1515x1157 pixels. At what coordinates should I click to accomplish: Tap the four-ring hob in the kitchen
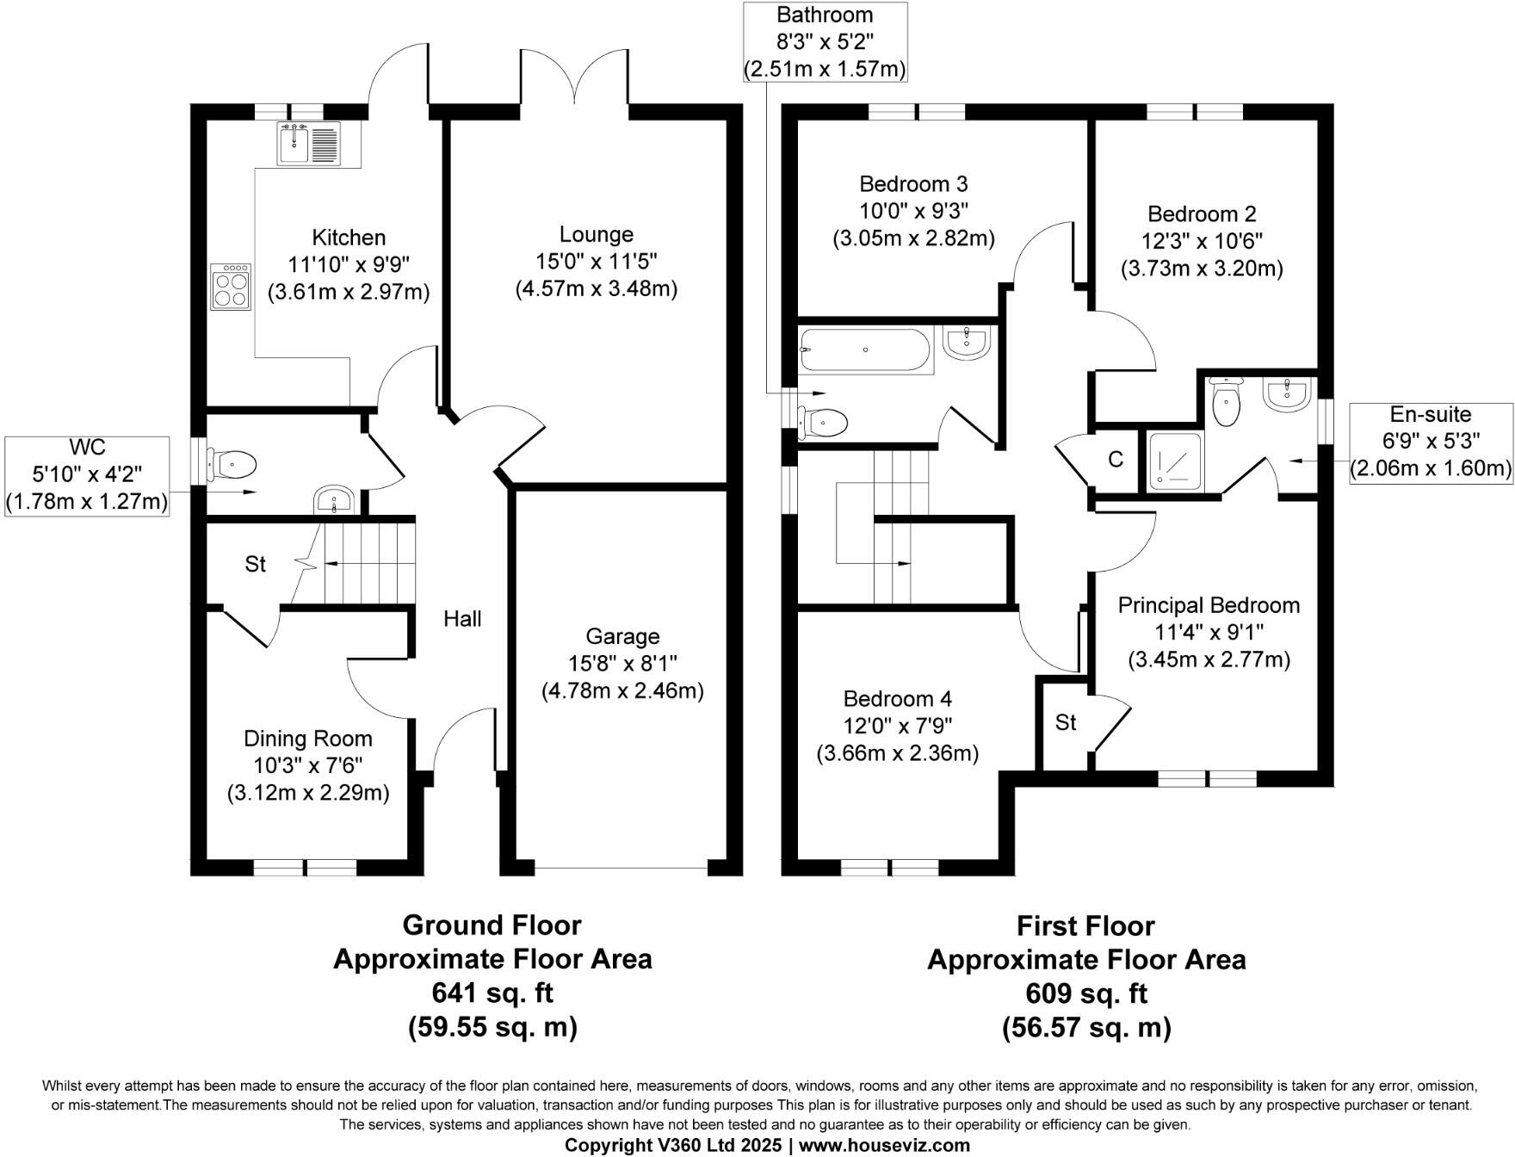click(x=231, y=287)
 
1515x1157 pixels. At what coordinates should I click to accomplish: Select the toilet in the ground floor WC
click(x=232, y=466)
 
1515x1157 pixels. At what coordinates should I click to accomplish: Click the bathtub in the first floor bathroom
click(x=865, y=350)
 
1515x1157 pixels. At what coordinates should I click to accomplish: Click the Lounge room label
click(x=596, y=234)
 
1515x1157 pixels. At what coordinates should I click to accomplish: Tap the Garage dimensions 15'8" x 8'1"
click(x=622, y=663)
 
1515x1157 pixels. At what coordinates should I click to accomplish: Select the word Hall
click(x=462, y=618)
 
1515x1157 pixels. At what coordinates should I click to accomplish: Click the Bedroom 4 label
click(x=897, y=698)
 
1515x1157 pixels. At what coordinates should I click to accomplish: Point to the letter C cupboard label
click(x=1116, y=460)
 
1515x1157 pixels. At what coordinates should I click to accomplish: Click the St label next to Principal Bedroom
click(x=1066, y=722)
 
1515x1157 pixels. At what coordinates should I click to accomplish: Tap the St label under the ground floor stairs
click(x=255, y=564)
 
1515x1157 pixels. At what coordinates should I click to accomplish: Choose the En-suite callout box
click(x=1431, y=442)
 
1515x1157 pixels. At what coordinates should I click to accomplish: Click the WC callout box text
click(x=87, y=473)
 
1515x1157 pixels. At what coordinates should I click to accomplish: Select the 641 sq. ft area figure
click(x=492, y=993)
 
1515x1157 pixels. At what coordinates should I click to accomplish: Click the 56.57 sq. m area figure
click(x=1086, y=1027)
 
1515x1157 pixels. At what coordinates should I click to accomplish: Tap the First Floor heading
click(x=1085, y=925)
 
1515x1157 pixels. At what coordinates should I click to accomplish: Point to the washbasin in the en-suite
click(x=1286, y=393)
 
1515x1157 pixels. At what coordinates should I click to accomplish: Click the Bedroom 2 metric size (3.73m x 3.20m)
click(x=1202, y=269)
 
